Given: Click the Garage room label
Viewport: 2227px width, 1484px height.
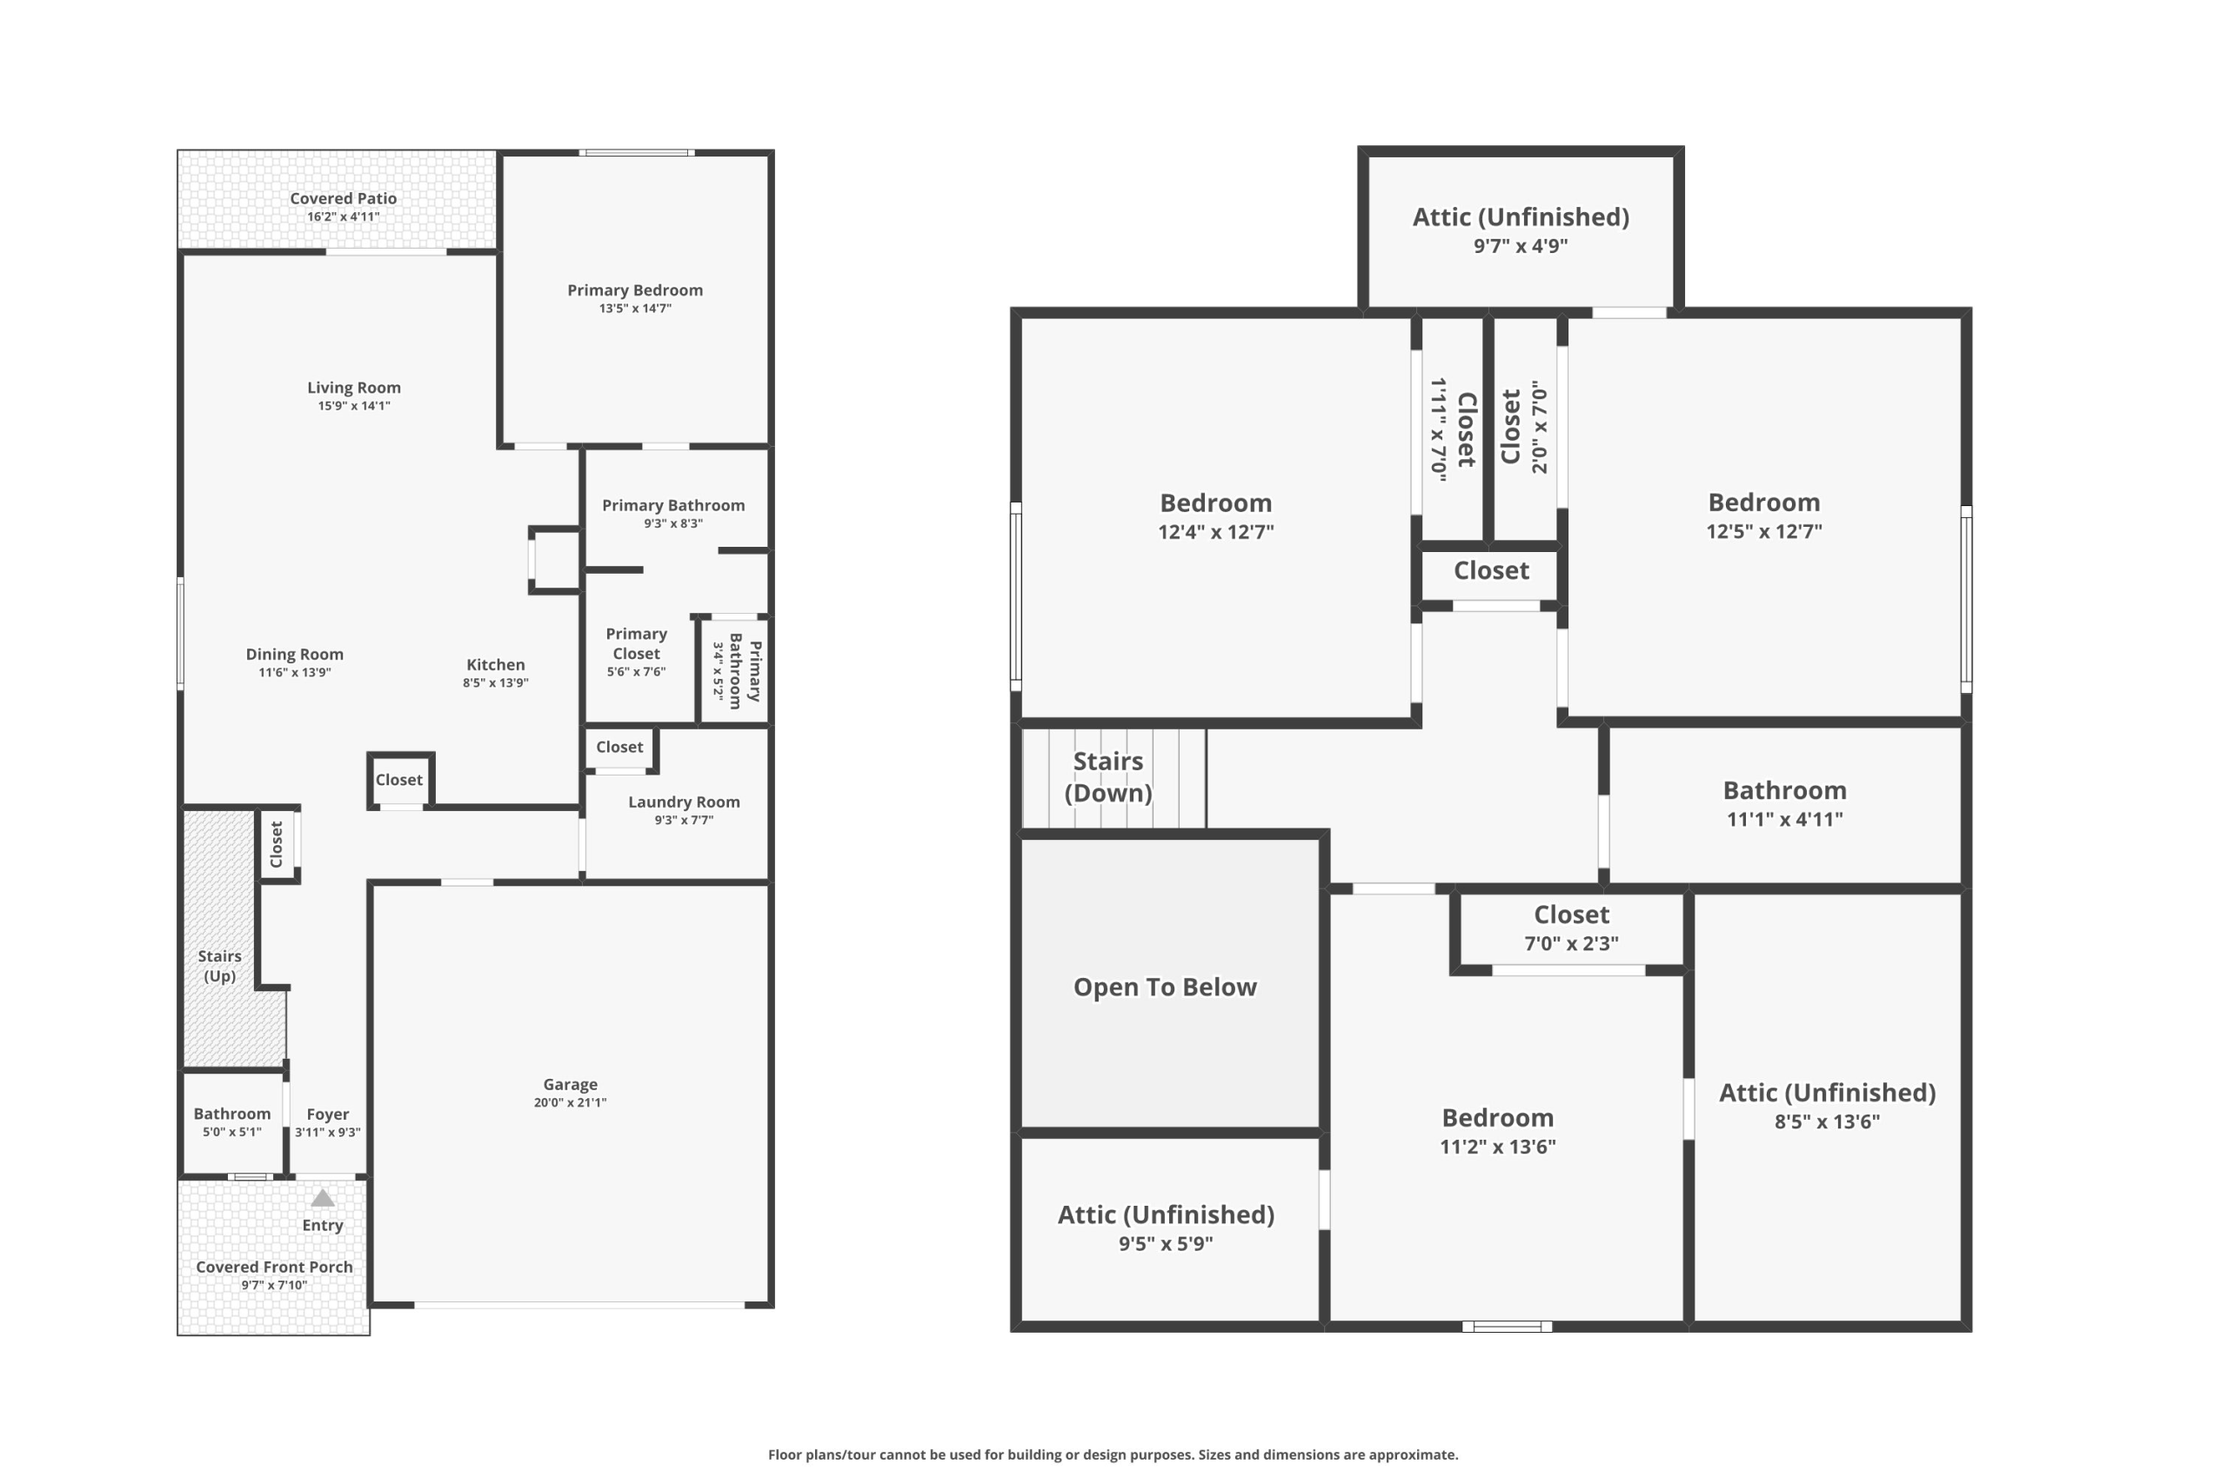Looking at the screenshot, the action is click(570, 1084).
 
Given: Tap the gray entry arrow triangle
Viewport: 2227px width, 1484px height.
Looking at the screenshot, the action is click(323, 1198).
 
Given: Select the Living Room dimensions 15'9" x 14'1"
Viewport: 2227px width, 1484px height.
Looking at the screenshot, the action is click(354, 406).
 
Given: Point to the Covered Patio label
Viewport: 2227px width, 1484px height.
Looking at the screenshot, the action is click(343, 198).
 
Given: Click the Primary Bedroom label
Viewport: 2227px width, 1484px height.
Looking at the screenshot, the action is click(635, 289).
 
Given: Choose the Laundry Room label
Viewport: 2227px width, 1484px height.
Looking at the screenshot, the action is click(685, 802).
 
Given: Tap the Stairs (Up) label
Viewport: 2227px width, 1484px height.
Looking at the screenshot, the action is click(220, 967).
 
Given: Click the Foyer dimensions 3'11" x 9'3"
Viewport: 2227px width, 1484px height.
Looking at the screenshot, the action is click(328, 1132).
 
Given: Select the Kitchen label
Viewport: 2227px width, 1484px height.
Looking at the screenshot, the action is click(495, 664).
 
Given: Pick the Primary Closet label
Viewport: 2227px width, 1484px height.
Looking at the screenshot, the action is click(636, 643).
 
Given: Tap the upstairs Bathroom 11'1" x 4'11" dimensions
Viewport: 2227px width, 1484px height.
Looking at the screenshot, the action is click(1785, 820).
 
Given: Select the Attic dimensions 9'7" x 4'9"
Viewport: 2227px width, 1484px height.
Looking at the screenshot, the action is click(1521, 246).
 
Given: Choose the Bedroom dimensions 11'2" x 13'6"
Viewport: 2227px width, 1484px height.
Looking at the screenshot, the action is click(1498, 1147).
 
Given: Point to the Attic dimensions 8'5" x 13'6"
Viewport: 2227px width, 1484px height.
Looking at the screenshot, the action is click(1828, 1121).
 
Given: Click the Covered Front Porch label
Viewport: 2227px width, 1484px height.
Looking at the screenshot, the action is click(275, 1267).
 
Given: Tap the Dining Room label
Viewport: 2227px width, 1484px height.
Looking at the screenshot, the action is click(295, 654).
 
